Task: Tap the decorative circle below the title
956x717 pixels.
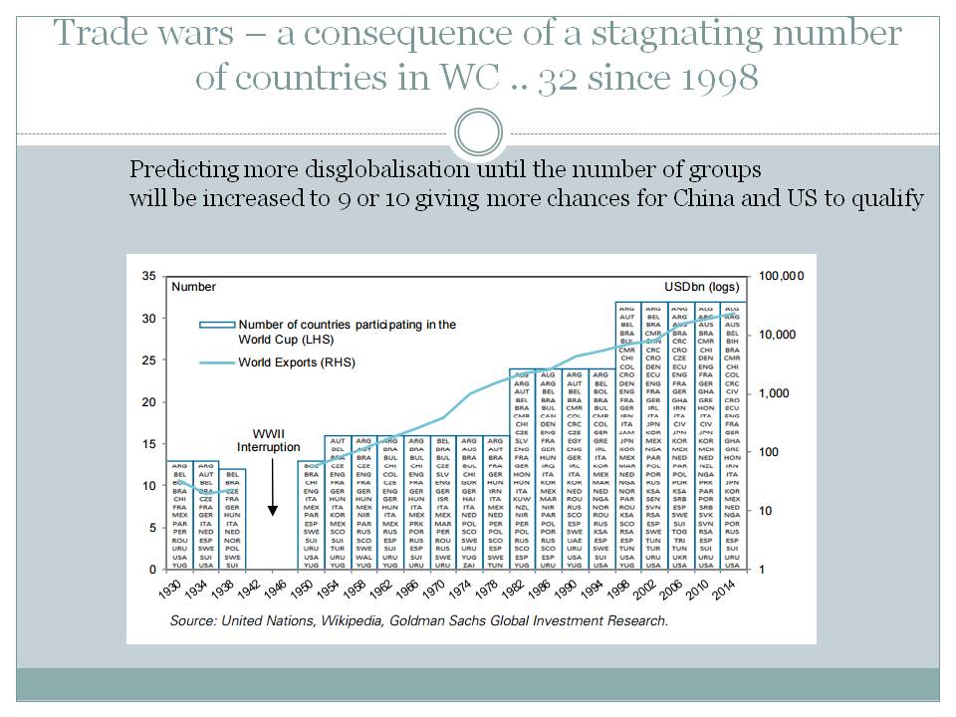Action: tap(477, 131)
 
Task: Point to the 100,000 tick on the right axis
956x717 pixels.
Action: tap(782, 276)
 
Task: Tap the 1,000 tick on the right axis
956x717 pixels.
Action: tap(775, 393)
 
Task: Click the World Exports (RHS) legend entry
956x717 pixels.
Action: tap(296, 362)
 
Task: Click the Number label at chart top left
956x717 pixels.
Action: tap(193, 287)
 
